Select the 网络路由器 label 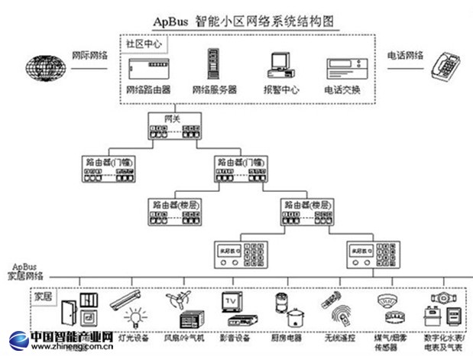pos(149,89)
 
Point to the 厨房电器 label pos(287,336)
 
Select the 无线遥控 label pos(336,336)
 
